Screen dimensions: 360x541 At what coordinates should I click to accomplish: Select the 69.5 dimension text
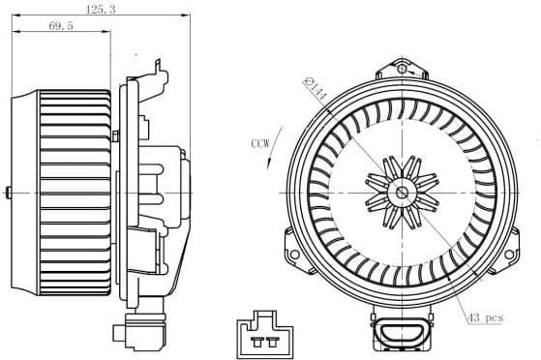click(62, 26)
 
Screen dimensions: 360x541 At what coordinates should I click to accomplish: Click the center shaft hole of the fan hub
click(402, 192)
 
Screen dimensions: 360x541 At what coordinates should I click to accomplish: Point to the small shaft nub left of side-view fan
click(8, 192)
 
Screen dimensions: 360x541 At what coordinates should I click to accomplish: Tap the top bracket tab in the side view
click(155, 66)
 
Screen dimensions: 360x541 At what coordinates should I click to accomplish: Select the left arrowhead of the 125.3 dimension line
click(12, 16)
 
